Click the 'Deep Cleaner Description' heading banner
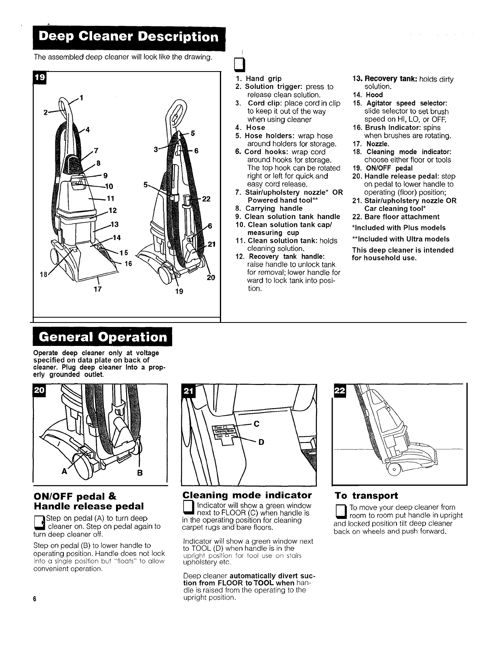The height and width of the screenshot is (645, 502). point(129,37)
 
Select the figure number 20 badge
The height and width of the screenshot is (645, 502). point(40,390)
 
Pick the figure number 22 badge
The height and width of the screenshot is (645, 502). point(339,390)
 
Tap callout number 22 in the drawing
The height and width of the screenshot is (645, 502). point(207,199)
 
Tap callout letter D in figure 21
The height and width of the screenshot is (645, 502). point(261,442)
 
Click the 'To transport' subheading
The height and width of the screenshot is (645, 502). point(366,495)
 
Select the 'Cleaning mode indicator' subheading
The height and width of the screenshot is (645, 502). point(247,495)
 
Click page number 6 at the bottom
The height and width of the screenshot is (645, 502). point(35,599)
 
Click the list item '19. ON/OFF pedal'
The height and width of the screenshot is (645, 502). point(382,168)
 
